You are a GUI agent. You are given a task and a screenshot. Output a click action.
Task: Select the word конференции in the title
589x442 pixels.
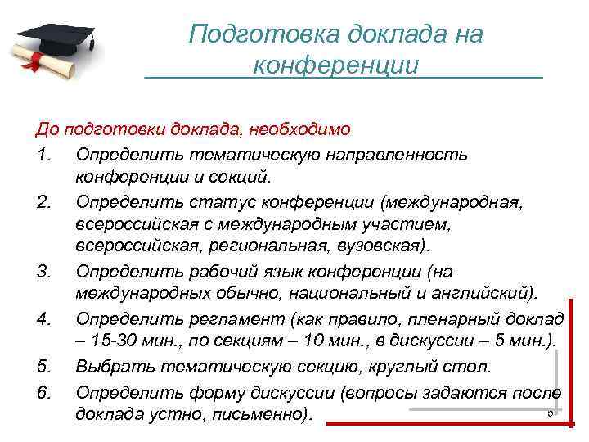point(335,64)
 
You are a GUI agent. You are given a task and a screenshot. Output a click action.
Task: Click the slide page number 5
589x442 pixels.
point(551,412)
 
